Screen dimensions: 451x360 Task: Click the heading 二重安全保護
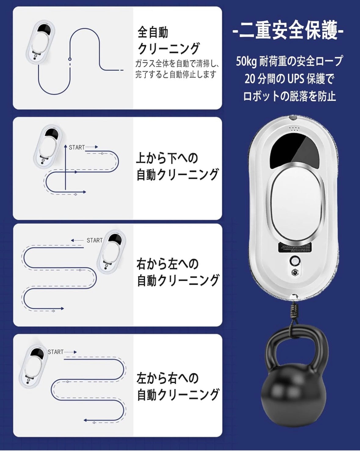coord(288,31)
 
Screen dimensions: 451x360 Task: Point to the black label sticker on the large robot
coord(295,247)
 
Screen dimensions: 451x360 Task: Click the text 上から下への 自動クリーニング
coord(177,167)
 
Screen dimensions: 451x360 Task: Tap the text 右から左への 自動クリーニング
coord(178,272)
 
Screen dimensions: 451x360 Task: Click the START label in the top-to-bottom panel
coord(77,148)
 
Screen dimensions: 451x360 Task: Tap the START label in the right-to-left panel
coord(94,240)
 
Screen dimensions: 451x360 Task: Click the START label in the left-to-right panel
coord(56,352)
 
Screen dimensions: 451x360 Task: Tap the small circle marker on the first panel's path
coord(70,58)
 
